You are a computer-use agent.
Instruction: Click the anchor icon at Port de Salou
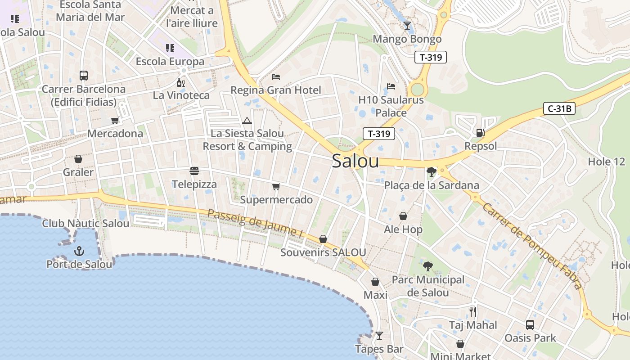click(79, 251)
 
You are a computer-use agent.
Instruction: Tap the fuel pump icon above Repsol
click(480, 133)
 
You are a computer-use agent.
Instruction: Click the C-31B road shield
click(559, 108)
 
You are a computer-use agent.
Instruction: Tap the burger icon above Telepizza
click(194, 171)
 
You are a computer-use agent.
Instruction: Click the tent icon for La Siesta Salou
click(247, 121)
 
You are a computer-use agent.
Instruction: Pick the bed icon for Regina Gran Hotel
click(276, 77)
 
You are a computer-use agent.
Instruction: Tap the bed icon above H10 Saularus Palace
click(391, 86)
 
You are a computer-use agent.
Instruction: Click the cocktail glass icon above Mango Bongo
click(407, 26)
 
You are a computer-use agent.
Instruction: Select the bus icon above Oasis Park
click(530, 324)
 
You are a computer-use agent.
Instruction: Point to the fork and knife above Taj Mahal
click(472, 311)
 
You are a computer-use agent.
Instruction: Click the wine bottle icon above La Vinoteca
click(181, 82)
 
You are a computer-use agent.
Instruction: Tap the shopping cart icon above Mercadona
click(115, 121)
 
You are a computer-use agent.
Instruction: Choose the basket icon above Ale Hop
click(403, 216)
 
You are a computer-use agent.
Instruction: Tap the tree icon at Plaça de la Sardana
click(431, 171)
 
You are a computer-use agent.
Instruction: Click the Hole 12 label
click(607, 162)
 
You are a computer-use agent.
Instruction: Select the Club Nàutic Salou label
click(85, 223)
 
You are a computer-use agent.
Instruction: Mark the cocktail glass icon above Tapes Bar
click(379, 336)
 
